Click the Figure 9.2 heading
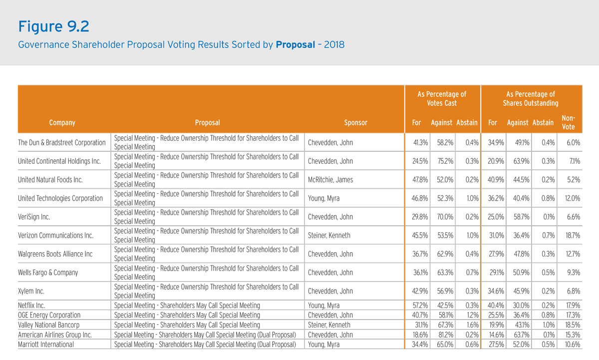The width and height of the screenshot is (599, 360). click(53, 26)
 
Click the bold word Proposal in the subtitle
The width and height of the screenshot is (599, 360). click(295, 44)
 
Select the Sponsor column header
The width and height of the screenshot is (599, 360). click(355, 122)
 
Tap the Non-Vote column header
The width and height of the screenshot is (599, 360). click(568, 122)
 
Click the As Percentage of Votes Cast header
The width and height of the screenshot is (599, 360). click(442, 98)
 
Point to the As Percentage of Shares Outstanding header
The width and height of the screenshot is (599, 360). click(531, 98)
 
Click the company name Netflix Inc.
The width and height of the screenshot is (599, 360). click(31, 305)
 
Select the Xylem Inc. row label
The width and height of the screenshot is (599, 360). click(31, 291)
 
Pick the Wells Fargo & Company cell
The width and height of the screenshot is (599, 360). click(48, 272)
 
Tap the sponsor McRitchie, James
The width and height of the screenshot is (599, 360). click(330, 179)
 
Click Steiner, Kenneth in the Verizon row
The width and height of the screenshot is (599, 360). click(329, 235)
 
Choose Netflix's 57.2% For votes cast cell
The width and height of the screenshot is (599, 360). click(420, 305)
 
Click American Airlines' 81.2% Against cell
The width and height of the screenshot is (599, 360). click(445, 335)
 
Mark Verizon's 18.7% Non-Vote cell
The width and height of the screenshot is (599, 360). click(573, 235)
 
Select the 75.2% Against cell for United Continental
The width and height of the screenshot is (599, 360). click(445, 161)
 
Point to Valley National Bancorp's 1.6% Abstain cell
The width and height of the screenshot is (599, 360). click(473, 325)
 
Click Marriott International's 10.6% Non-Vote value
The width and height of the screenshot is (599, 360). click(572, 345)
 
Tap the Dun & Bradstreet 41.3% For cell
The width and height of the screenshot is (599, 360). click(420, 143)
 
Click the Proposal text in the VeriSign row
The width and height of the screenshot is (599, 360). click(206, 217)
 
